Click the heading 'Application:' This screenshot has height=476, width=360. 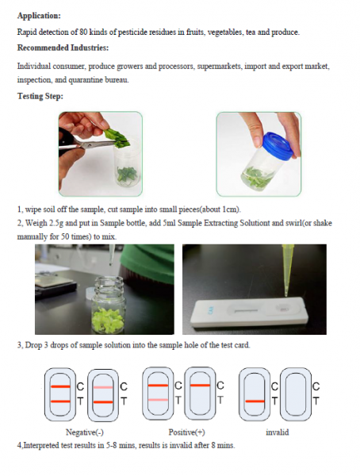click(39, 16)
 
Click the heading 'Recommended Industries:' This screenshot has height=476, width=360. click(63, 48)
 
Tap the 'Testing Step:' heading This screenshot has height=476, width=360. click(40, 96)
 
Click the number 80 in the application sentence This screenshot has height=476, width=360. click(83, 32)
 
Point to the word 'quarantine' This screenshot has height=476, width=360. click(86, 80)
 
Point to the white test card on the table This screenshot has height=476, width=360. click(250, 312)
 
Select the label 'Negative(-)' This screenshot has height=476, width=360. click(85, 432)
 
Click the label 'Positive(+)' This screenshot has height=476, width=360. click(186, 432)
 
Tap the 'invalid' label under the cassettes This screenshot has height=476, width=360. click(277, 432)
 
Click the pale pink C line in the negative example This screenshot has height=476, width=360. click(103, 387)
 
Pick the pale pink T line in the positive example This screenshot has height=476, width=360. click(158, 400)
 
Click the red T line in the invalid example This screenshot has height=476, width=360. click(255, 401)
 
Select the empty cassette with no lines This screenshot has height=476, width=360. click(296, 394)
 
